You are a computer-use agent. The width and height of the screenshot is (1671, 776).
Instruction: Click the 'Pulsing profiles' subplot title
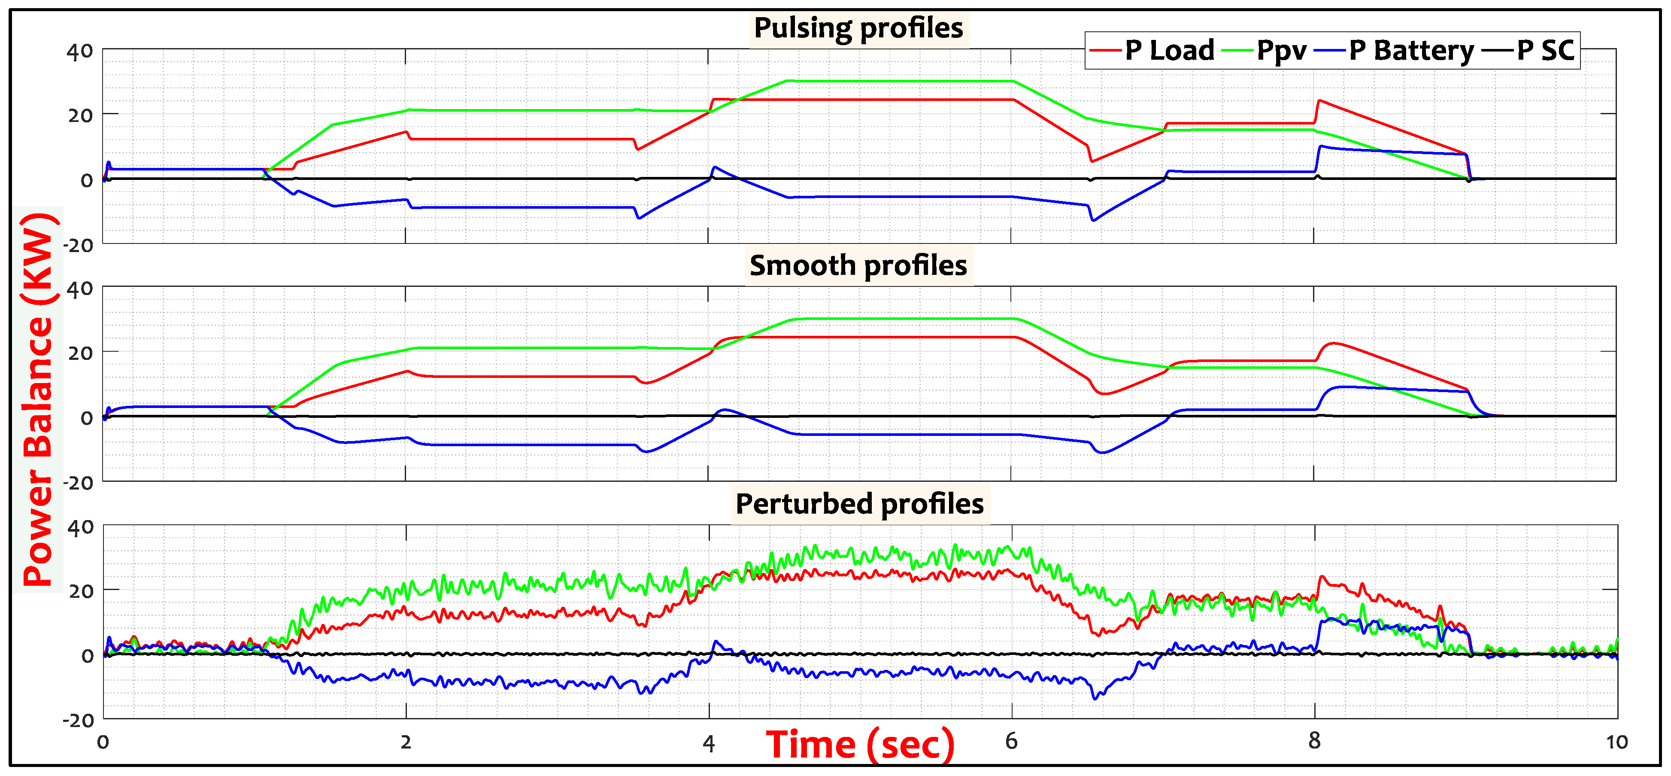858,28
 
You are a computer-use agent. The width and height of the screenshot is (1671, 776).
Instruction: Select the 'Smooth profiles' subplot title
858,265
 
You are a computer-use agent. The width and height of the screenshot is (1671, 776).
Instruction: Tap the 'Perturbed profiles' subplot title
859,503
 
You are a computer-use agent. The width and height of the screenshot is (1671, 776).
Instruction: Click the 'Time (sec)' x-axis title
859,744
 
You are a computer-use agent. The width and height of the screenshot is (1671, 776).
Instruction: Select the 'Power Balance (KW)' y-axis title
38,399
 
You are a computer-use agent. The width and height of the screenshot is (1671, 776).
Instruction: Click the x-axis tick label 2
406,742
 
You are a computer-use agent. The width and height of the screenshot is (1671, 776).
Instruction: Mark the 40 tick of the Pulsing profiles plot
80,51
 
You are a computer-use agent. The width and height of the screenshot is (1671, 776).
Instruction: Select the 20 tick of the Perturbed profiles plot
80,591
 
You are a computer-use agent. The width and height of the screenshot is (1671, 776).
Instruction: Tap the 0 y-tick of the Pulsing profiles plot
86,180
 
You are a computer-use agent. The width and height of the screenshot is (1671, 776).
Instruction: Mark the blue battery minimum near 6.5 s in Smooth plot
1103,452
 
